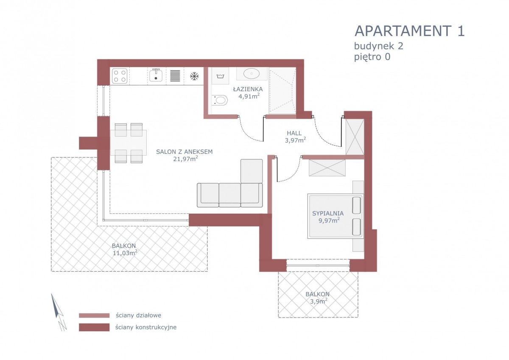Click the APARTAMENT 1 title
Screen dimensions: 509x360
[x=409, y=31]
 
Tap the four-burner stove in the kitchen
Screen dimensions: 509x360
[x=120, y=76]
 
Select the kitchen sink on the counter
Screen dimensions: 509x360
[x=156, y=75]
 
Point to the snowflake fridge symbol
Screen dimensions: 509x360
[x=194, y=76]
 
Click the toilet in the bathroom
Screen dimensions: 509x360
[x=220, y=100]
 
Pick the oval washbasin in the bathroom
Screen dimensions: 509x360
[x=252, y=74]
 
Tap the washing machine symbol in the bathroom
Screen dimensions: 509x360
[x=220, y=76]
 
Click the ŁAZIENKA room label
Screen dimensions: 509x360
[x=248, y=89]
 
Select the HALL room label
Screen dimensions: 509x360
[x=294, y=133]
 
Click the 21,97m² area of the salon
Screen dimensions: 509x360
[x=185, y=159]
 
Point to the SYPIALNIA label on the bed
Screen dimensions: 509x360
[x=327, y=213]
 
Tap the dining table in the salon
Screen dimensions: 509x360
[x=129, y=142]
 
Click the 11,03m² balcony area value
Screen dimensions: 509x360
[x=125, y=253]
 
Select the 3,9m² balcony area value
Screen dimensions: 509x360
[x=319, y=301]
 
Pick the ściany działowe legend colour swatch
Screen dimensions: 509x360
[x=94, y=315]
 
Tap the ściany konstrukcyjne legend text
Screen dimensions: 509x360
[x=146, y=327]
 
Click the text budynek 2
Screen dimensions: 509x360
[x=378, y=46]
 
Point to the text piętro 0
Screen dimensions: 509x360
[x=372, y=57]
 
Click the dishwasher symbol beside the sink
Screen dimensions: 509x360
[x=175, y=75]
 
